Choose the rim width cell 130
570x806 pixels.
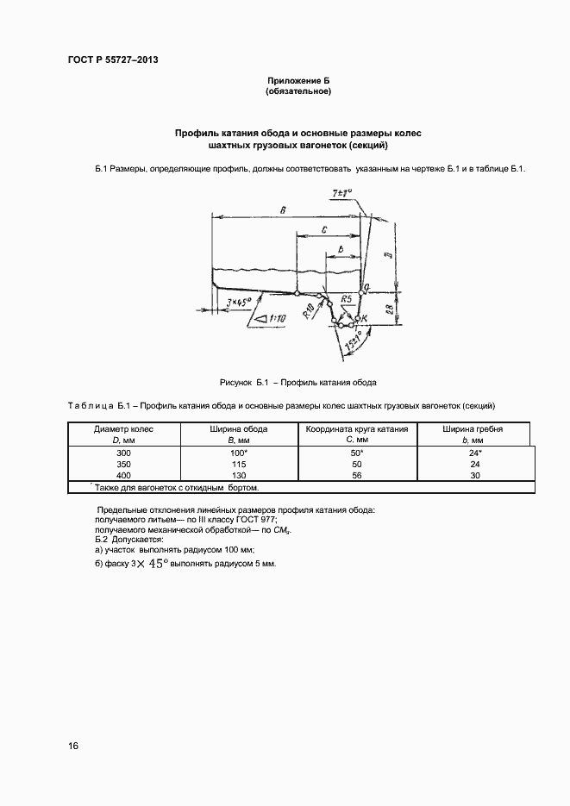coord(238,475)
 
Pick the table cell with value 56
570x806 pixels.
coord(357,475)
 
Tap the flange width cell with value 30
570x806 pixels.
coord(473,475)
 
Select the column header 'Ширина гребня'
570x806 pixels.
coord(473,428)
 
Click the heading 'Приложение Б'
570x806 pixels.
coord(298,80)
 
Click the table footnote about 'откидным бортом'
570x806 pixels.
coord(167,488)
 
